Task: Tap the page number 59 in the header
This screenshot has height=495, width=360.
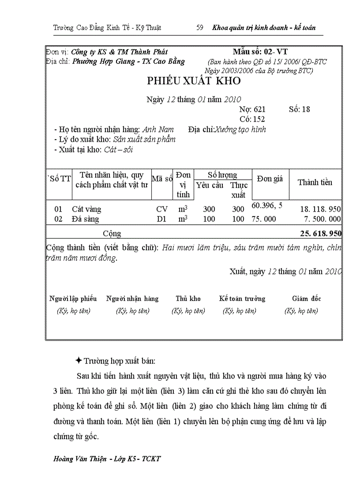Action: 199,28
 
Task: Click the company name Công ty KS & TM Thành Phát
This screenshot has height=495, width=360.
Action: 119,52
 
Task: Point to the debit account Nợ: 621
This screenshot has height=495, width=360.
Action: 252,109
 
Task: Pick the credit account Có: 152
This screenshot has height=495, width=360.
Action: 252,119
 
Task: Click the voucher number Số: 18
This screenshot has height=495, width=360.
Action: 300,109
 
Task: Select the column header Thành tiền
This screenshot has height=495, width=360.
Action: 315,182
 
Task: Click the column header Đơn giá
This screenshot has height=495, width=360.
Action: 270,179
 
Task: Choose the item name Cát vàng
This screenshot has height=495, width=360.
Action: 86,209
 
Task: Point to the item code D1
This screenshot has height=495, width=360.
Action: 161,219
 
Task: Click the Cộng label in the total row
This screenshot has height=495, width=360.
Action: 112,234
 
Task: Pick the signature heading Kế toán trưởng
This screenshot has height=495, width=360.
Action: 242,299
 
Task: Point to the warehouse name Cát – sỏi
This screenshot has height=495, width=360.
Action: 119,149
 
